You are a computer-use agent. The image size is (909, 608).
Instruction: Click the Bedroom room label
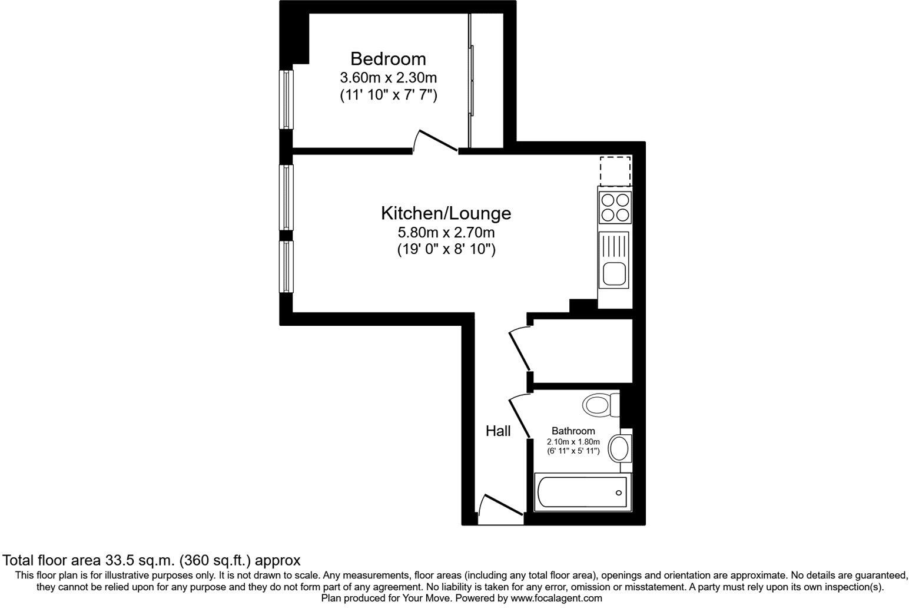388,59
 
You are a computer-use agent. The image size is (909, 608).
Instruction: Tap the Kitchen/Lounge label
446,213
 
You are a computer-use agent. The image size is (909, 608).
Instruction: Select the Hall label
497,431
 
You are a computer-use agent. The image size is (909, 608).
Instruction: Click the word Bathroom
573,431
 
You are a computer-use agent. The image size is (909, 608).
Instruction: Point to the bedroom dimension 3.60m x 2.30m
388,77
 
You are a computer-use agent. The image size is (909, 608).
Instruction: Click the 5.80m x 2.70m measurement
446,232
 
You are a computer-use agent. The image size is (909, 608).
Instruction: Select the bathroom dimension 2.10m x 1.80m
573,442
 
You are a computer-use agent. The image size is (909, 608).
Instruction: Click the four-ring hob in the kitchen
615,207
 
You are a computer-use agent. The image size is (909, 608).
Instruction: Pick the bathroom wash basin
619,449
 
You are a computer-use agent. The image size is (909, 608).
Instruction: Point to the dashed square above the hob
615,171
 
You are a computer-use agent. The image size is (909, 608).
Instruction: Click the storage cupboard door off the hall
519,349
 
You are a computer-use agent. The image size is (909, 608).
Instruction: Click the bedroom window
286,100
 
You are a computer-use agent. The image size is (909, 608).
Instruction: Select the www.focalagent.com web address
556,598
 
